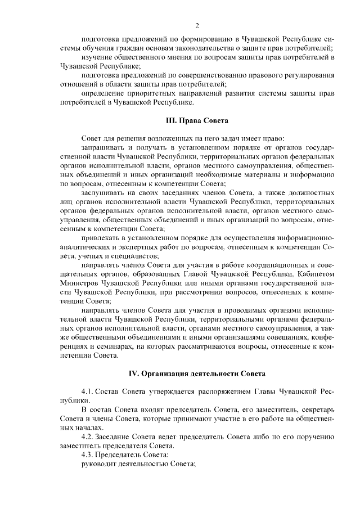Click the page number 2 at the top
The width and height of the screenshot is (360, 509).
197,25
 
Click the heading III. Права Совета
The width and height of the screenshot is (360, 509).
196,120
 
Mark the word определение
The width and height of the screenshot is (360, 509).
102,92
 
